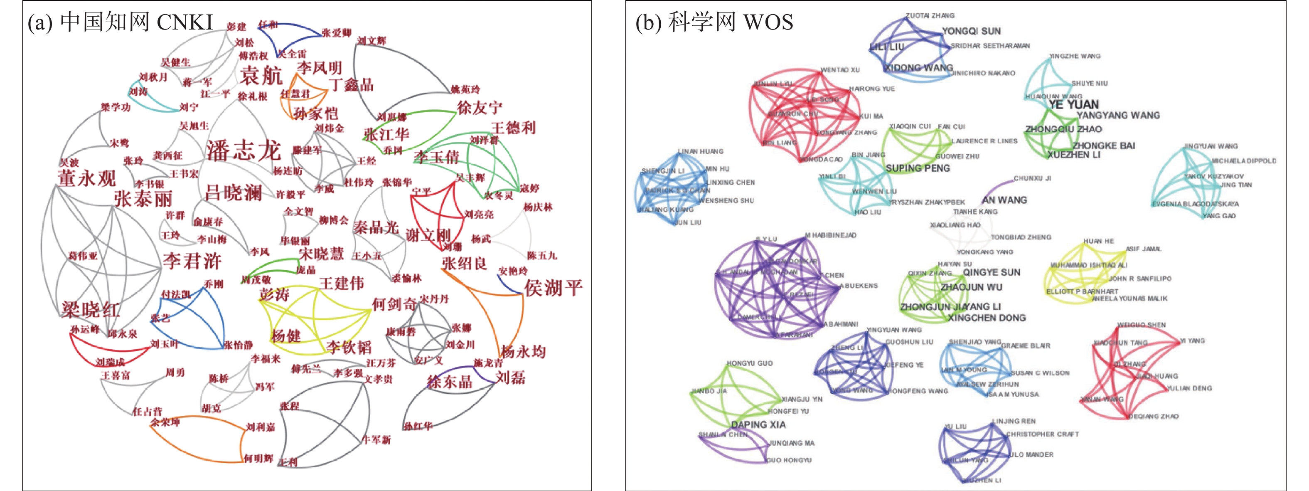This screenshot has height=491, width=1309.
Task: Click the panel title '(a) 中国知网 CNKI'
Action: pos(121,22)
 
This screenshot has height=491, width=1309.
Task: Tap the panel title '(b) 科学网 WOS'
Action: pos(714,22)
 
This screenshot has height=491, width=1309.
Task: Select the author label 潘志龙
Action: pos(243,151)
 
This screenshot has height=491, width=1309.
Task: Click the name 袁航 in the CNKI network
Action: pos(261,76)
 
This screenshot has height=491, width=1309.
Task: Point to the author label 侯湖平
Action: pos(553,288)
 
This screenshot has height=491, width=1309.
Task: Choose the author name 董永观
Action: pos(87,178)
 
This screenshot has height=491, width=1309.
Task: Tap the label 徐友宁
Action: pos(479,108)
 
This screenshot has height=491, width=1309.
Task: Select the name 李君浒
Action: pos(192,261)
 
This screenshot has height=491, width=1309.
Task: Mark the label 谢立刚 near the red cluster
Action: pos(428,235)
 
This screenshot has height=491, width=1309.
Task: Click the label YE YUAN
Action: pos(1073,105)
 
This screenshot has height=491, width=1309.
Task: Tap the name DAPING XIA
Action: pos(758,424)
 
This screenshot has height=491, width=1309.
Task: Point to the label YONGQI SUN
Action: pos(971,31)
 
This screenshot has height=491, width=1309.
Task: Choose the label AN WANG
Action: pos(1005,200)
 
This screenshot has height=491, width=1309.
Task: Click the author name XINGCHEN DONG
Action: pos(987,318)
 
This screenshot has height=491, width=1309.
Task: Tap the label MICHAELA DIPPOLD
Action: pos(1243,160)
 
